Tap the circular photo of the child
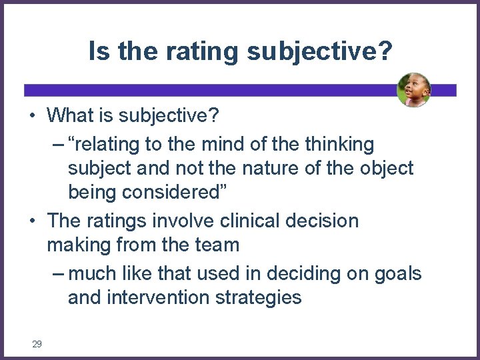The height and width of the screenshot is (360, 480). click(x=413, y=90)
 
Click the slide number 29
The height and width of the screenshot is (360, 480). click(x=37, y=344)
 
